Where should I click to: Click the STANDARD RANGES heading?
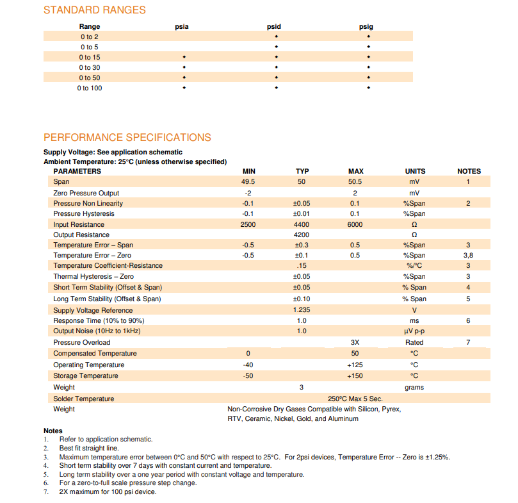click(x=94, y=10)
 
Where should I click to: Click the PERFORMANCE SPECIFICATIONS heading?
click(x=127, y=137)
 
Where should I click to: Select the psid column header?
click(x=274, y=27)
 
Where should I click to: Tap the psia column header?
click(x=182, y=27)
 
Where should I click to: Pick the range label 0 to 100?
click(x=90, y=88)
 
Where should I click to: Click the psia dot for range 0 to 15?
click(x=184, y=58)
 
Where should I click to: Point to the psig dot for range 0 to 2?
click(x=368, y=37)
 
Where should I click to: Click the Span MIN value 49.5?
click(x=248, y=182)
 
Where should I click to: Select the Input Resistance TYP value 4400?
click(x=302, y=224)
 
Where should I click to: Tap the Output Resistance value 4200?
click(x=302, y=235)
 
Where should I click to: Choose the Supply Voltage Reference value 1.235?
click(x=302, y=310)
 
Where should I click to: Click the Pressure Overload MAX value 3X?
click(x=355, y=342)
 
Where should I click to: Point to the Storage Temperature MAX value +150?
click(x=355, y=376)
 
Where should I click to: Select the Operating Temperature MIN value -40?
click(x=248, y=365)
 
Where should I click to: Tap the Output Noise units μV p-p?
click(x=414, y=331)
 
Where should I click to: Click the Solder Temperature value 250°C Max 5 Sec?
click(x=355, y=399)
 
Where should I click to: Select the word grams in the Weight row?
click(x=414, y=388)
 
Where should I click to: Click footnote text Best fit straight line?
click(x=89, y=448)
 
